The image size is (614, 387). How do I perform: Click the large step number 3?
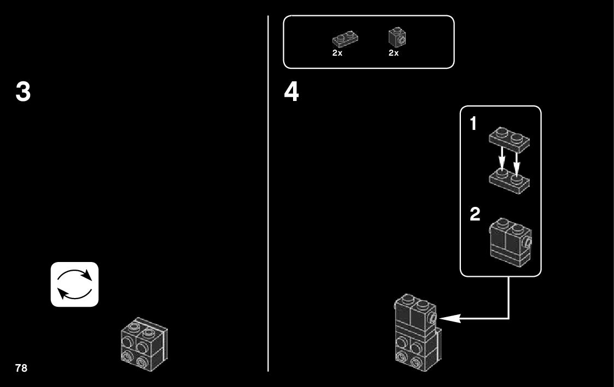coord(23,92)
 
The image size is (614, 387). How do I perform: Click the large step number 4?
coord(291,92)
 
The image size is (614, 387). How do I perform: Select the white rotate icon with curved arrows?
coord(75,284)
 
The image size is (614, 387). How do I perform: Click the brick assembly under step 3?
coord(143,342)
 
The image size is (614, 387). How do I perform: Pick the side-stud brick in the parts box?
coord(397,37)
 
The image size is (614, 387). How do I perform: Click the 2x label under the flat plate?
coord(337,53)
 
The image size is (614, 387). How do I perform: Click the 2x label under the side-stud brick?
coord(394,53)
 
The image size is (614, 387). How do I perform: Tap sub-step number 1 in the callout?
coord(473,124)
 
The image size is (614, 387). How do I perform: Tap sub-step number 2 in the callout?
coord(475,215)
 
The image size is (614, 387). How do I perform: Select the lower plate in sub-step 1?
coord(508,178)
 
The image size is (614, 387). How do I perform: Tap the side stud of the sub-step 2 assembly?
coord(528,240)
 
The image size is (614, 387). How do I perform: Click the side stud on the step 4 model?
coord(432,318)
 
